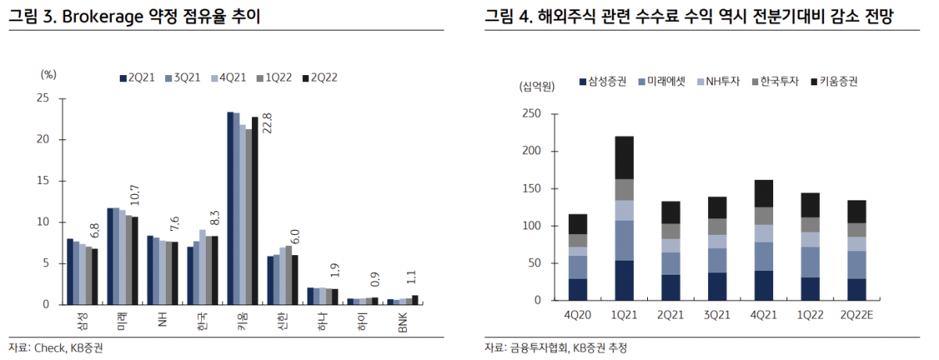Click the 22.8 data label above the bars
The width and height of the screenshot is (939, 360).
[x=267, y=124]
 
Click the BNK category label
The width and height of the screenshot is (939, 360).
[x=403, y=322]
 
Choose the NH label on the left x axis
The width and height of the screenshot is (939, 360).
[x=163, y=319]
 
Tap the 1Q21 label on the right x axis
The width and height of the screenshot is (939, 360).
[x=624, y=315]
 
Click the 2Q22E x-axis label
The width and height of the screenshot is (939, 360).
[x=857, y=315]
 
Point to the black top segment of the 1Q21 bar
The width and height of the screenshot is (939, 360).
[x=624, y=157]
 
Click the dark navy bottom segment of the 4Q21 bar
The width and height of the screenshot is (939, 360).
[x=764, y=285]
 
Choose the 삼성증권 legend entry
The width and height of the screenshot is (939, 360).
[x=602, y=81]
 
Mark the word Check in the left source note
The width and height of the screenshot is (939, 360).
[x=50, y=348]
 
